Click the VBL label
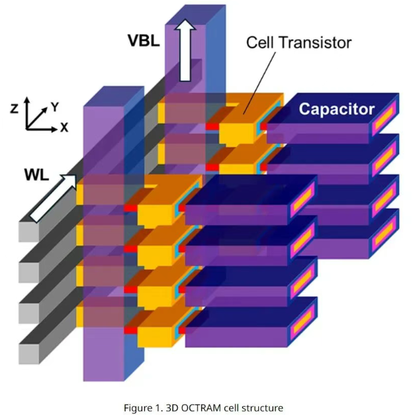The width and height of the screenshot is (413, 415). click(x=143, y=40)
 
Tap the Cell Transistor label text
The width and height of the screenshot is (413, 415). click(x=298, y=43)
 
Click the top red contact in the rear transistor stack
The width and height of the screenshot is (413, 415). click(x=212, y=126)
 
